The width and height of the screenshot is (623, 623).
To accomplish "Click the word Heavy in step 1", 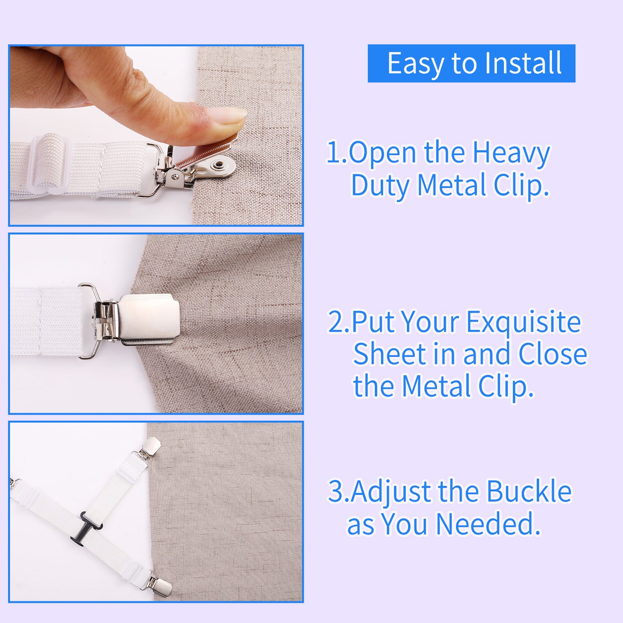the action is [511, 153].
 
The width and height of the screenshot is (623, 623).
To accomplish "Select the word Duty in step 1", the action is [381, 185].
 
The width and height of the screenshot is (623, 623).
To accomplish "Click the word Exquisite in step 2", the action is [523, 322].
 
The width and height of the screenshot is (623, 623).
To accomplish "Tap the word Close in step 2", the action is [553, 354].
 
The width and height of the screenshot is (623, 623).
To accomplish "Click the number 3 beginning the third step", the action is [336, 491].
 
